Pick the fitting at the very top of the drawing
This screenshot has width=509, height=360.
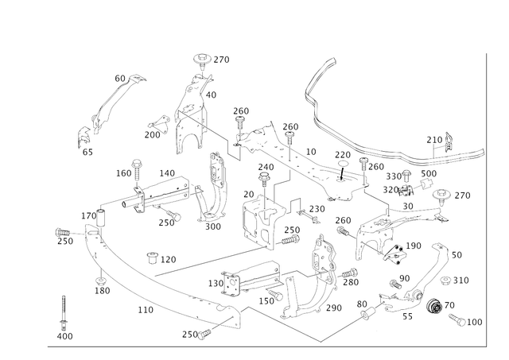(x=205, y=57)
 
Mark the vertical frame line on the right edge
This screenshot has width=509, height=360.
(x=485, y=199)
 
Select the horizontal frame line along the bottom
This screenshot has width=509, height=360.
(x=270, y=345)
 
